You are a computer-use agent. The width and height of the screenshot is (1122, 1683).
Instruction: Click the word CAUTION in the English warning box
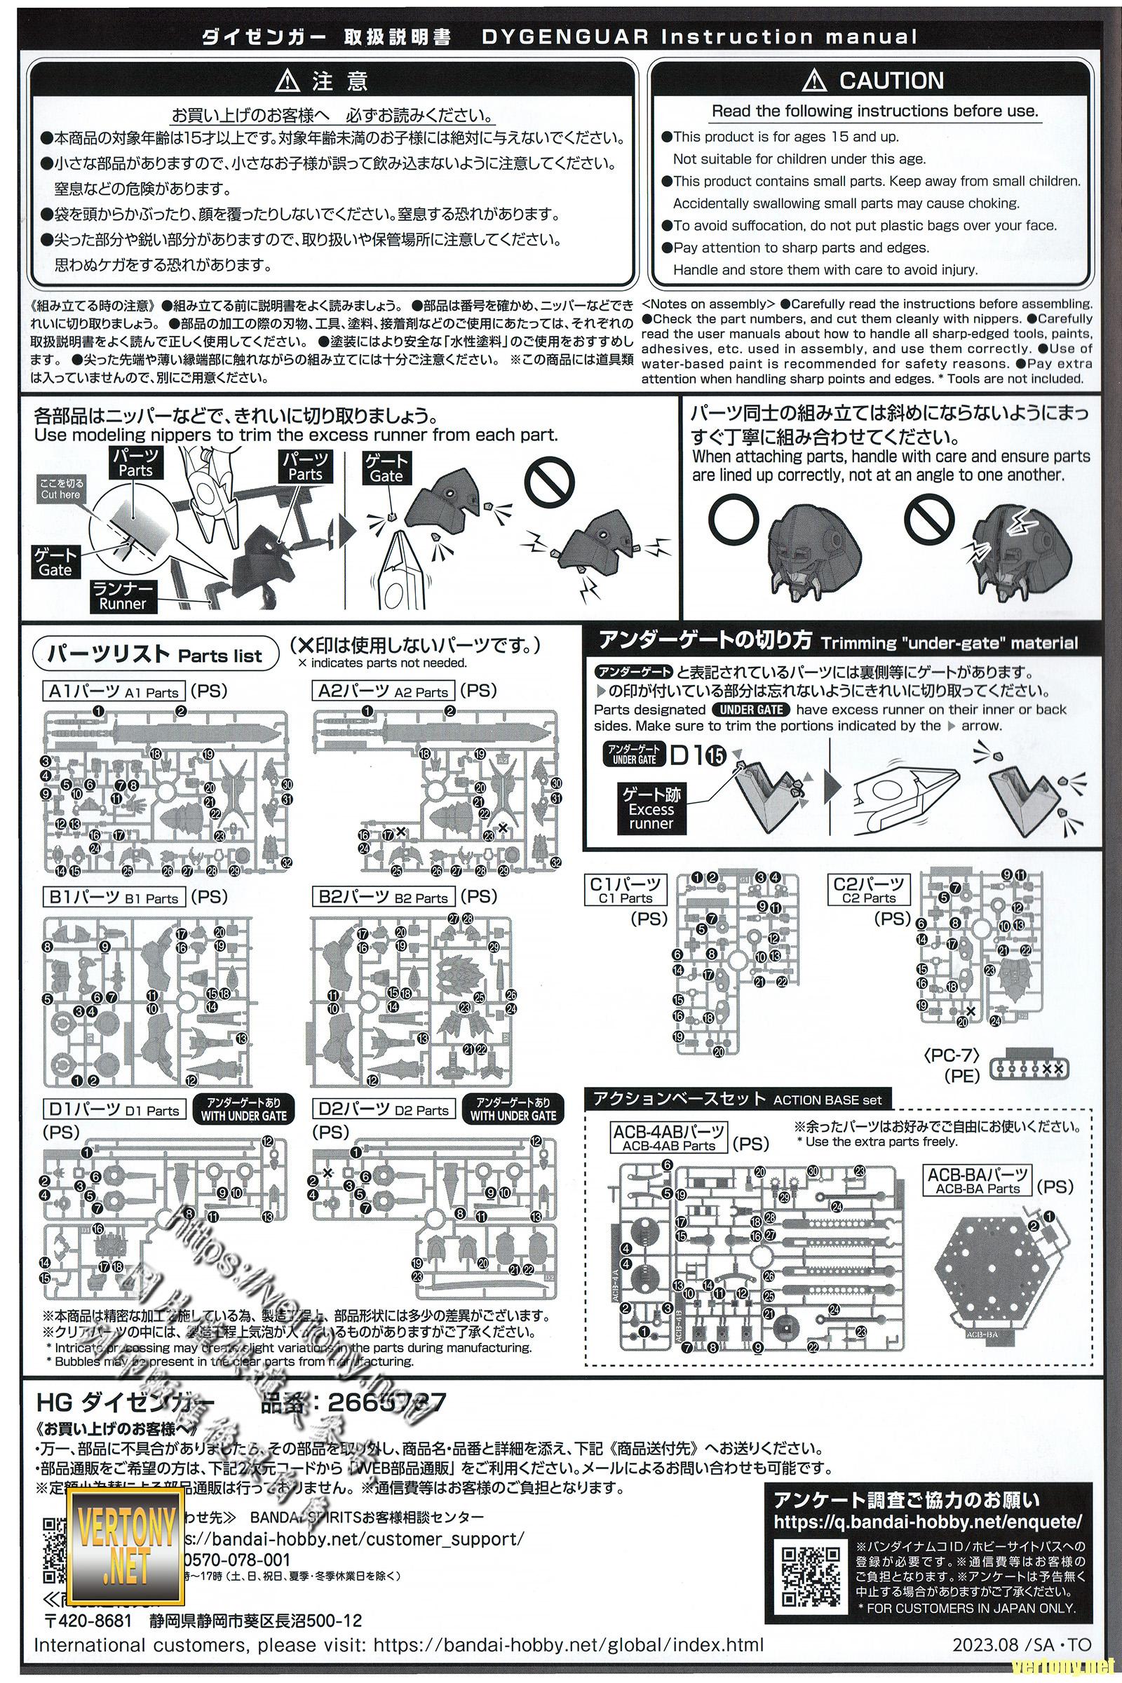(891, 81)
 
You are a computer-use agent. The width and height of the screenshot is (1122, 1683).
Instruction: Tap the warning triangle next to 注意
(287, 81)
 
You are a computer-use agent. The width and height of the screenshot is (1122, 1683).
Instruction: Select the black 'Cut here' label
(61, 489)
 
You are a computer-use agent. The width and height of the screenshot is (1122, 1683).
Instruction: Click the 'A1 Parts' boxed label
(114, 691)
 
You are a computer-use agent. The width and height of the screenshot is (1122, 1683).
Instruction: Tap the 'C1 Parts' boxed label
(626, 891)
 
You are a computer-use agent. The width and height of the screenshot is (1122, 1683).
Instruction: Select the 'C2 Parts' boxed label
(869, 891)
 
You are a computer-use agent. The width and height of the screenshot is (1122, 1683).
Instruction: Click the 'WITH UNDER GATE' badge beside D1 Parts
(243, 1110)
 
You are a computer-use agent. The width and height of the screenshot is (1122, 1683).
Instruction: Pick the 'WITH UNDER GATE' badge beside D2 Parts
(513, 1110)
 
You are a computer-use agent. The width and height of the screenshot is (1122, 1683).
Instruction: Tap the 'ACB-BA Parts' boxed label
(978, 1181)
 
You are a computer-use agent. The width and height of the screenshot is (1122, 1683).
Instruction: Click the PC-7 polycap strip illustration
(1029, 1069)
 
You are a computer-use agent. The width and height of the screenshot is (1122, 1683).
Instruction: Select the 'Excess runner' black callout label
(651, 809)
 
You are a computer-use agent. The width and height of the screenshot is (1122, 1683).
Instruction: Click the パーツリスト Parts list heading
(156, 654)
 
